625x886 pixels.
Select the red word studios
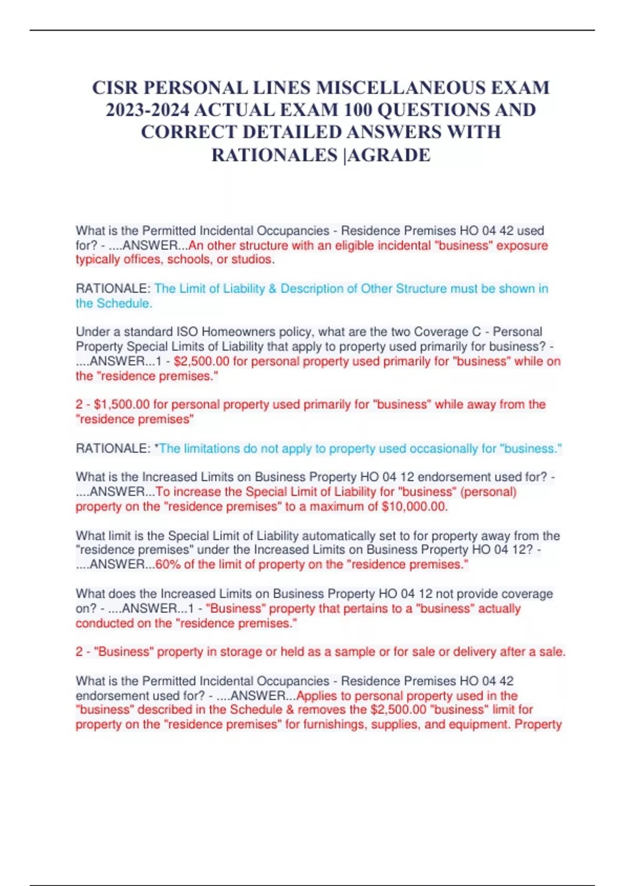pyautogui.click(x=252, y=260)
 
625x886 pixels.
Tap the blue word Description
pyautogui.click(x=319, y=289)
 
